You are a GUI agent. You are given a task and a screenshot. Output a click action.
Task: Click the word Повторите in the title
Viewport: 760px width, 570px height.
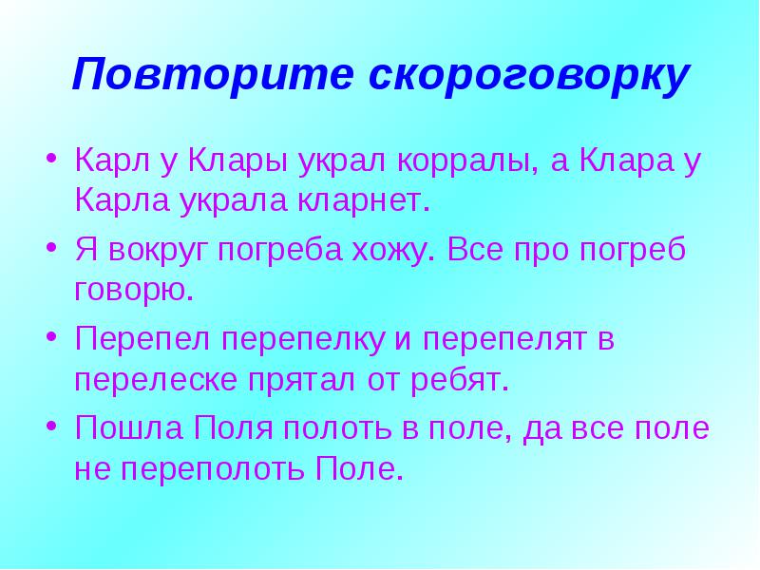tap(213, 74)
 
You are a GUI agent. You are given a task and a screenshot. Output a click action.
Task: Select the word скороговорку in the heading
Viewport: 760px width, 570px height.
tap(529, 74)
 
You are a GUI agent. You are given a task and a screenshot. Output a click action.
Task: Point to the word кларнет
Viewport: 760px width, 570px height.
tap(364, 200)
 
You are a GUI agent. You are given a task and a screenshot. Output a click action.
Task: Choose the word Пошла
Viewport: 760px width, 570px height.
tap(129, 427)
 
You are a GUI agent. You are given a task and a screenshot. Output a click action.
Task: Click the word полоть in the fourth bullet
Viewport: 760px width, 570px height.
tap(337, 427)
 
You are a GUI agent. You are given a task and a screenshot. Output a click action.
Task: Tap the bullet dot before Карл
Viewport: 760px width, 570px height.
tap(52, 158)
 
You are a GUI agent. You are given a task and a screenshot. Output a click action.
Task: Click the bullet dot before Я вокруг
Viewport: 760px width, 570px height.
tap(52, 247)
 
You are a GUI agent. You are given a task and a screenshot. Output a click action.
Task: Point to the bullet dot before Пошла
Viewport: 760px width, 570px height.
tap(52, 425)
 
